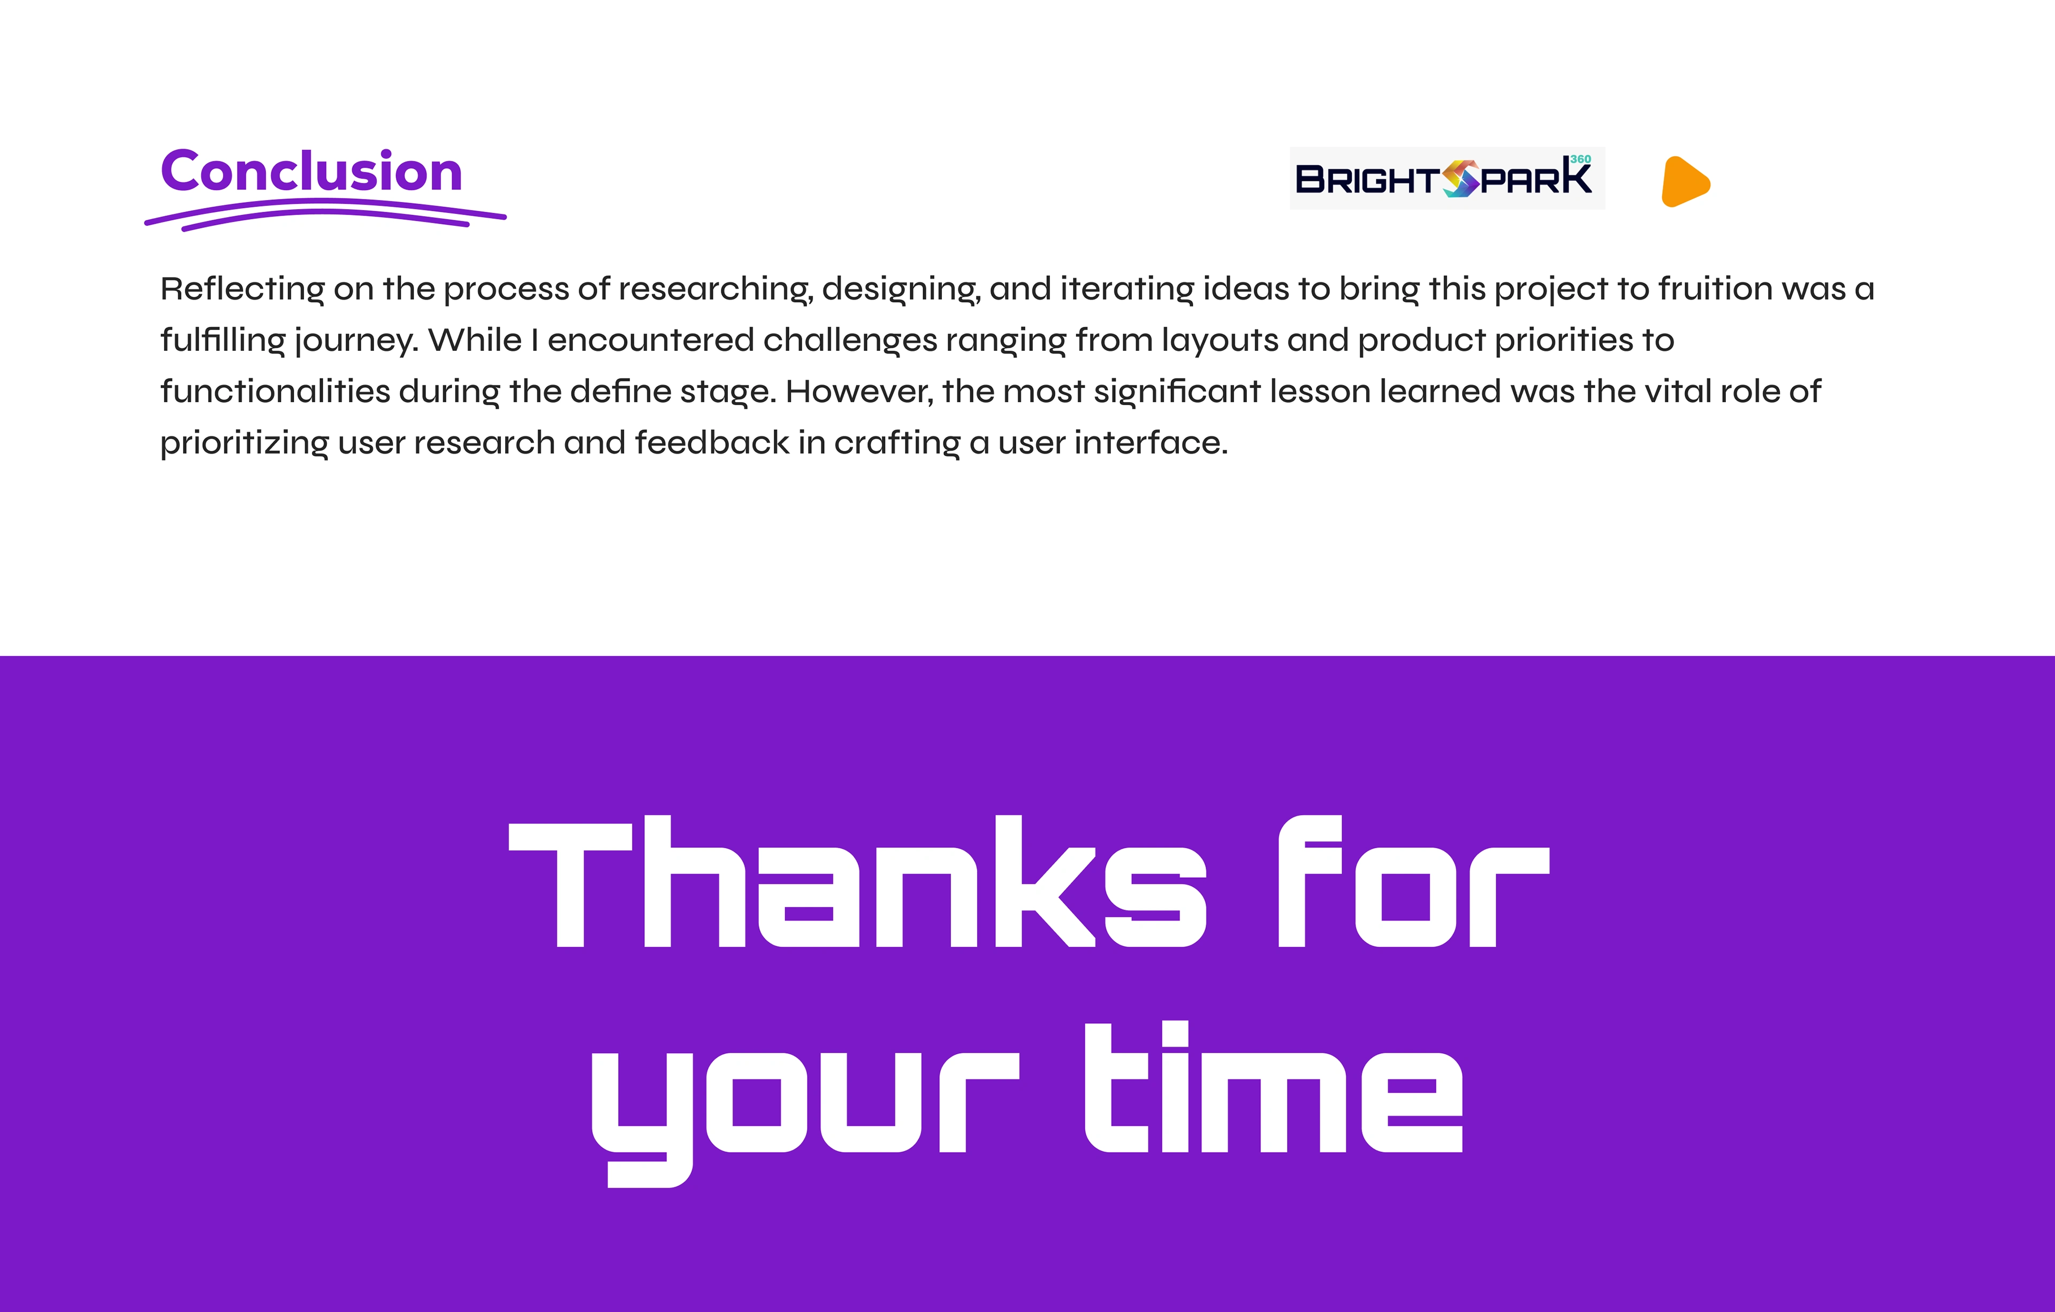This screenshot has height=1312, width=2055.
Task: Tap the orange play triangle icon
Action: [1686, 182]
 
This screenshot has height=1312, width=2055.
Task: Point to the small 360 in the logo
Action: [1580, 159]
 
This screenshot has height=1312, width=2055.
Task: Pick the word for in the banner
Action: [1413, 882]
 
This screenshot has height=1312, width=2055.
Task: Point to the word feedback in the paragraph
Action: [712, 443]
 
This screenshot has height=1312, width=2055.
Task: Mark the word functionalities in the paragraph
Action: [275, 392]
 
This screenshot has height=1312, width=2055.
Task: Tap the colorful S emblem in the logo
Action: [1460, 178]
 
